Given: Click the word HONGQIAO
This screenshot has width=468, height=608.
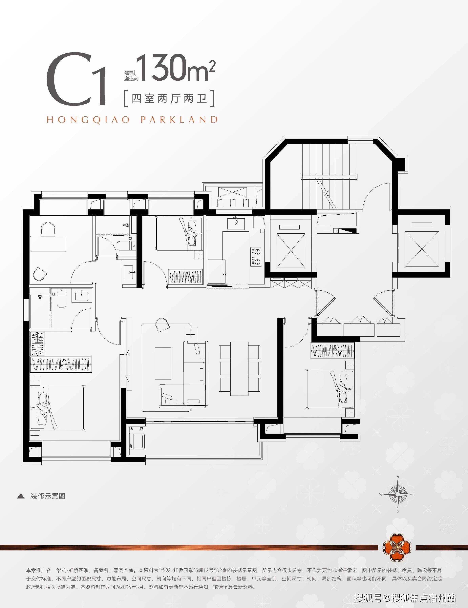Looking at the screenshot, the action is (88, 120).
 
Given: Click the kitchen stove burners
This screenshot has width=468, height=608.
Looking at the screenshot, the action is (256, 257).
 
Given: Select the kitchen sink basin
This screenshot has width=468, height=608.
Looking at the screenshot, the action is (236, 224).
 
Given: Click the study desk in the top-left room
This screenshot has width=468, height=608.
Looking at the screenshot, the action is (48, 243).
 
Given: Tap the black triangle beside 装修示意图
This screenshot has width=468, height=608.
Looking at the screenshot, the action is (21, 496).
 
